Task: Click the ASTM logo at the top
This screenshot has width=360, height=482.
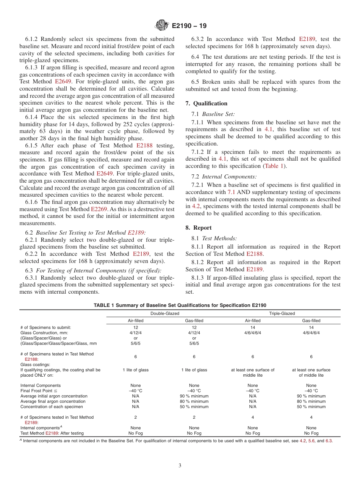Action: (x=162, y=26)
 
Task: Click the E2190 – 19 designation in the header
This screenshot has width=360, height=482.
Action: (x=189, y=26)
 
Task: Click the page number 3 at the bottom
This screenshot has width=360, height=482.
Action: (x=180, y=465)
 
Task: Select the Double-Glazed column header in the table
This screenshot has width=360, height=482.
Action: (x=165, y=313)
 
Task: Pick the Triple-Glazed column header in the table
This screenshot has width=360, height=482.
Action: (x=282, y=313)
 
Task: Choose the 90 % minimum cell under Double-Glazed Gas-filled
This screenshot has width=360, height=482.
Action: (x=194, y=396)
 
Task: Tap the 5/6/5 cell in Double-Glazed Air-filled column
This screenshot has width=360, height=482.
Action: (x=136, y=343)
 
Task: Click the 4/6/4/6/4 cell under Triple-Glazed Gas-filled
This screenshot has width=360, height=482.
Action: (x=311, y=333)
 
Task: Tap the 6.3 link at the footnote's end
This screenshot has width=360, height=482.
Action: (x=329, y=441)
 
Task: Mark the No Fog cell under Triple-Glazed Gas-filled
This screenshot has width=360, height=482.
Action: (x=311, y=433)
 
